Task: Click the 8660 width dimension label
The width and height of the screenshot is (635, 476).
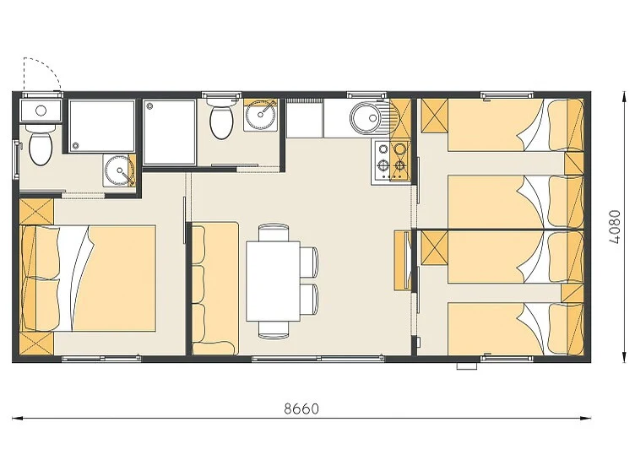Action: coord(301,408)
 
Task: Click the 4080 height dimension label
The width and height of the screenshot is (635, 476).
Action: coord(615,226)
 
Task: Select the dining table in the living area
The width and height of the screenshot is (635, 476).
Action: coord(273,281)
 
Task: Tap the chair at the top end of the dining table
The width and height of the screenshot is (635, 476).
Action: coord(274,233)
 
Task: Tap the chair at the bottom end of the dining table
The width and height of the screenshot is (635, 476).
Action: coord(274,329)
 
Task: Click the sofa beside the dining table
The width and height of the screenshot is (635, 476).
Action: coord(214,288)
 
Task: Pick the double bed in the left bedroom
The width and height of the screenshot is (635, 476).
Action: coord(88,279)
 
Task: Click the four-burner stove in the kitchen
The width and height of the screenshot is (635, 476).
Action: coord(391,160)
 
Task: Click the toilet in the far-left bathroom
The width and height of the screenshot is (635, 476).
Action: coord(40,148)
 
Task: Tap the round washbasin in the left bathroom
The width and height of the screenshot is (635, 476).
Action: coord(118,170)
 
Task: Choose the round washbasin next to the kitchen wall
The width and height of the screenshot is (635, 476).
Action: coord(259,115)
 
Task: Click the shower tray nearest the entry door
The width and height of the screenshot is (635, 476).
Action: coord(101,126)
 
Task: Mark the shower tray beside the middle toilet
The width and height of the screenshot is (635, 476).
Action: coord(170,132)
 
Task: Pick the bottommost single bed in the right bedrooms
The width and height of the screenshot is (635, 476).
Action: coord(515,328)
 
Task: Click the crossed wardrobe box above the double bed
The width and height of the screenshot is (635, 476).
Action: coord(36,210)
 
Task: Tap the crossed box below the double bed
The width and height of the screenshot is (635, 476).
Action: coord(36,343)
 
